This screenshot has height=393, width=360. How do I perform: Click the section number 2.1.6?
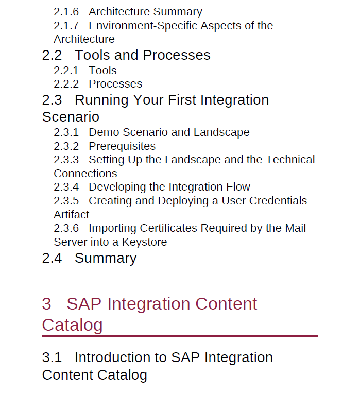[66, 12]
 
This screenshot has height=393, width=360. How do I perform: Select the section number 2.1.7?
[66, 26]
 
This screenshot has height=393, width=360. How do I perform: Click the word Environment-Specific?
[143, 26]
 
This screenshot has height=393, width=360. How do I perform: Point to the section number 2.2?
[52, 55]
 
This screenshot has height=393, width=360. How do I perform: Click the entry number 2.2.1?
[66, 71]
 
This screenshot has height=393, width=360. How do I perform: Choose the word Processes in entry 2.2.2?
[115, 84]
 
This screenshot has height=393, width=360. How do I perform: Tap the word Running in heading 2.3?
[102, 100]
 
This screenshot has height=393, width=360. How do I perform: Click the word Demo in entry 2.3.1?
[104, 132]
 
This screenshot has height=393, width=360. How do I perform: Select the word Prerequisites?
[122, 146]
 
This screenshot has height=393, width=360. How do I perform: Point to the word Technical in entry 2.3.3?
[290, 160]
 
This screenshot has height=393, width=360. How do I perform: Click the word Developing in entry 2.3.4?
[117, 187]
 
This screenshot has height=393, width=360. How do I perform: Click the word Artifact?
[72, 215]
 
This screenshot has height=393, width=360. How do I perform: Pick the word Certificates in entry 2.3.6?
[169, 228]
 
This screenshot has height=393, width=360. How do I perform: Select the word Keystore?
[144, 243]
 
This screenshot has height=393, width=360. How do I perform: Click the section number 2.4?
[52, 258]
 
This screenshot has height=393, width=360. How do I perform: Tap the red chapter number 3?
[47, 304]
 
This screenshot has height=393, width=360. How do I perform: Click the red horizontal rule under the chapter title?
[180, 336]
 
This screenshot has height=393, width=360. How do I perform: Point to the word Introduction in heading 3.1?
[121, 357]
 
